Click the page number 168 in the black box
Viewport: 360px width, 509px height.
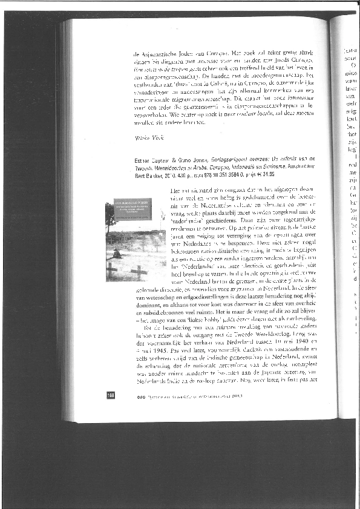[x=111, y=395]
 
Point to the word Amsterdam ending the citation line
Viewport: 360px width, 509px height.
[x=315, y=164]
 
